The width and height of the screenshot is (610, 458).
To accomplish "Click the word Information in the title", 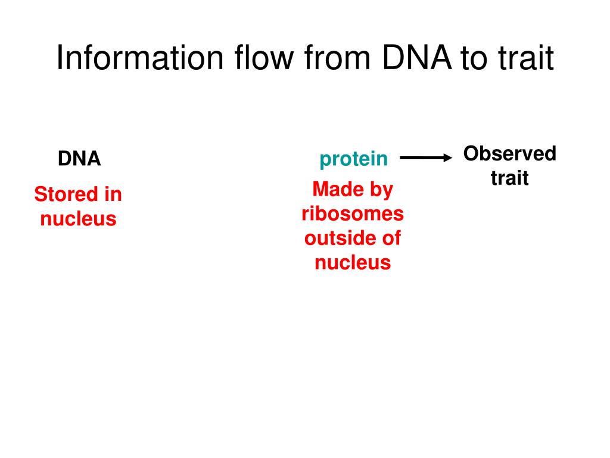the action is tap(140, 58).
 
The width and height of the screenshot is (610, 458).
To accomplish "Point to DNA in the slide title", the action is tap(416, 58).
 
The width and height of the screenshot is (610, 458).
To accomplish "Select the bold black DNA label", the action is tap(79, 159).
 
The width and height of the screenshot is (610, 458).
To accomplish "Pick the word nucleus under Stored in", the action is tap(78, 218).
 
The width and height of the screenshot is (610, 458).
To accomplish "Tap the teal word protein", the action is tap(354, 159).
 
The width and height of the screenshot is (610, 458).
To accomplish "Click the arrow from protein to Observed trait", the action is tap(426, 157).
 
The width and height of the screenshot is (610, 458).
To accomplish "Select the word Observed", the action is tap(510, 153).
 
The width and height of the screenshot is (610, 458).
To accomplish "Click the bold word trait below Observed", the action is tap(510, 178).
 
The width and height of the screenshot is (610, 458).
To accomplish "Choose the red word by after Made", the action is tap(382, 191).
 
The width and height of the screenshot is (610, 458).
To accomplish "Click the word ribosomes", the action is tap(353, 214).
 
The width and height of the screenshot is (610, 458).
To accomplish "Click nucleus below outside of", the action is tap(353, 262).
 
